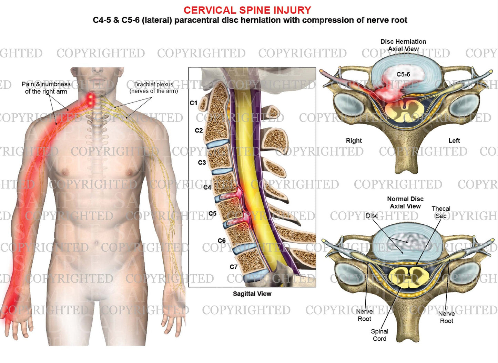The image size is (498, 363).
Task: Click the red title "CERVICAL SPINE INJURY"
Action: pyautogui.click(x=247, y=10)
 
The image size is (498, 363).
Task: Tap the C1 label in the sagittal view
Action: pyautogui.click(x=193, y=103)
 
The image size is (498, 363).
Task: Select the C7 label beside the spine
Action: pyautogui.click(x=234, y=267)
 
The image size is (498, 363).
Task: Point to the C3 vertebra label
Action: pyautogui.click(x=202, y=162)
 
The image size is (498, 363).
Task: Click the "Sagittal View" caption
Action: pyautogui.click(x=252, y=293)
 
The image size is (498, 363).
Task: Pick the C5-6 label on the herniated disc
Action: pyautogui.click(x=403, y=74)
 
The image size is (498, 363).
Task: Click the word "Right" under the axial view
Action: pyautogui.click(x=354, y=140)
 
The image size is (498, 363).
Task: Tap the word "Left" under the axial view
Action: pyautogui.click(x=454, y=140)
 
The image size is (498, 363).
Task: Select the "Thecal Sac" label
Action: pyautogui.click(x=441, y=212)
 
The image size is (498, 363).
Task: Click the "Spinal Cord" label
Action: pyautogui.click(x=379, y=335)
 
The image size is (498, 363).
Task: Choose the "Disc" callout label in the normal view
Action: pyautogui.click(x=372, y=215)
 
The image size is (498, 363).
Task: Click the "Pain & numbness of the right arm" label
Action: pyautogui.click(x=46, y=88)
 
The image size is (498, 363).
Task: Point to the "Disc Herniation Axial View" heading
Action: pyautogui.click(x=403, y=45)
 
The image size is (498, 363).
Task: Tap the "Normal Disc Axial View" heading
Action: pyautogui.click(x=405, y=202)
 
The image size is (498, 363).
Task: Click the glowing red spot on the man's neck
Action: pyautogui.click(x=91, y=99)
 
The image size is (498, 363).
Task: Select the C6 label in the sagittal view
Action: pyautogui.click(x=222, y=241)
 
